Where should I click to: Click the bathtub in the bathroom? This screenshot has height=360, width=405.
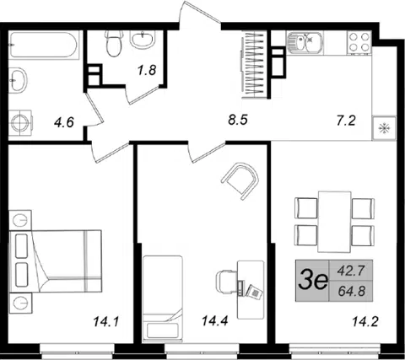point(43,45)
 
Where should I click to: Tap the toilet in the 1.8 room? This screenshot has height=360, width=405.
point(114,43)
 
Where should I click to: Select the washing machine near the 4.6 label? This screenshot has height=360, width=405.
point(19,123)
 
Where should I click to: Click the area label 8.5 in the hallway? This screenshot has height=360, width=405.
point(238,120)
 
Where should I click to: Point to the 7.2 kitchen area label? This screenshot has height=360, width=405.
point(346,121)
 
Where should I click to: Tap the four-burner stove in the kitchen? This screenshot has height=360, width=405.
point(359,42)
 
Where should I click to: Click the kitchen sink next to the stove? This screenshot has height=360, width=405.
point(305,42)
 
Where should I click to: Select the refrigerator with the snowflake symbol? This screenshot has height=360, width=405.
point(384,128)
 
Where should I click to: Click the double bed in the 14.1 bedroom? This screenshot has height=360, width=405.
point(56,261)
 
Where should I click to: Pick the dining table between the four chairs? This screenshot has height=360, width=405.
point(334,222)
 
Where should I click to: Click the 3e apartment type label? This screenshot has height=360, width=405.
point(313,281)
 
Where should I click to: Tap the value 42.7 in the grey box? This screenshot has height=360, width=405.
point(351,271)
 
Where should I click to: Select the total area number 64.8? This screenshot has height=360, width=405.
point(352,291)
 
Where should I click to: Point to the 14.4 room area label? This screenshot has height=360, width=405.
point(214,320)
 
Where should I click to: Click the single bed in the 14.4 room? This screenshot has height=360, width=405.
point(162,298)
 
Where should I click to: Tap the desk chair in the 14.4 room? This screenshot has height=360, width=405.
point(227,282)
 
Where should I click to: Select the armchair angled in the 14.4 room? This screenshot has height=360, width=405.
point(240,180)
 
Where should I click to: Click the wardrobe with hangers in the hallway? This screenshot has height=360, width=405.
point(255,64)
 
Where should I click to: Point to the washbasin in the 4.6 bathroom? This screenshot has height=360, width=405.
point(18,80)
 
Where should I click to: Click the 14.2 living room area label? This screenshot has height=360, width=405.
point(365,321)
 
